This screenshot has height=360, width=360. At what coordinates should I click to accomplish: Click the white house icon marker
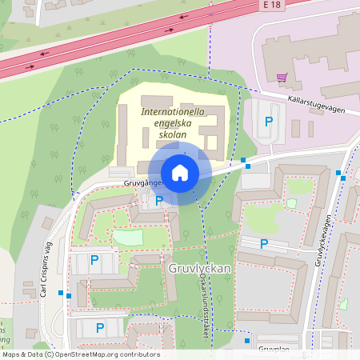click(180, 173)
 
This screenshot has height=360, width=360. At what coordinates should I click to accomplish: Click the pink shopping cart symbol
click(281, 78)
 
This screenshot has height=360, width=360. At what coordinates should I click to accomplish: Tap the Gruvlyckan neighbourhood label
click(200, 269)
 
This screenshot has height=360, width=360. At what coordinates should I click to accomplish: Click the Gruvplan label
click(274, 350)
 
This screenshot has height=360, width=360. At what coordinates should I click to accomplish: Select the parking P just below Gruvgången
click(158, 201)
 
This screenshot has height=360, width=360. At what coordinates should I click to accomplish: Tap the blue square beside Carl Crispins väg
click(70, 295)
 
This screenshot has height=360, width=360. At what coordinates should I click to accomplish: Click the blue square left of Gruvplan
click(247, 341)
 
